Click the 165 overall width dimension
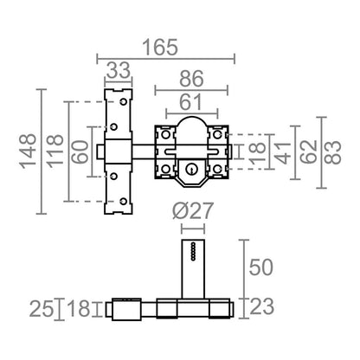coord(160,48)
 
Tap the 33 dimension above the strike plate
coord(119,70)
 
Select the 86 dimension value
coord(191,79)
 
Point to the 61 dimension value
coord(190,102)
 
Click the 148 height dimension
coord(28,151)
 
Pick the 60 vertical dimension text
coord(80,152)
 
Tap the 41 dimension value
coord(283,152)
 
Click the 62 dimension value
coord(308,152)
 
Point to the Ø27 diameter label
coord(193,210)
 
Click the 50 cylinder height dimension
coord(260,267)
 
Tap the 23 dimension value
coord(261,306)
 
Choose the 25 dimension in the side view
coord(42,309)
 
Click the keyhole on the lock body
coord(190,170)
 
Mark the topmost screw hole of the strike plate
coord(124,102)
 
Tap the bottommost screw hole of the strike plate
coord(124,202)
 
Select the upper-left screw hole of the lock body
coord(165,134)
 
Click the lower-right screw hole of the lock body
coord(217,169)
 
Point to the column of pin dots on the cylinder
coord(193,252)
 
